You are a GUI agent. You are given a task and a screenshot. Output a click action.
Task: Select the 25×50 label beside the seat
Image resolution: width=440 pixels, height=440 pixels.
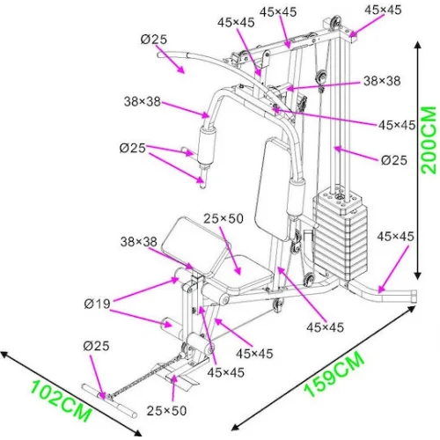pyautogui.click(x=223, y=216)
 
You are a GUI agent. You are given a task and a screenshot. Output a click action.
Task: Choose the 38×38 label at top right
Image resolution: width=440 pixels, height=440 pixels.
pyautogui.click(x=382, y=80)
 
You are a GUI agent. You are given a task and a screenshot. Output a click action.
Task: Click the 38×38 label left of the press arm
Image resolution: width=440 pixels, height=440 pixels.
pyautogui.click(x=142, y=102)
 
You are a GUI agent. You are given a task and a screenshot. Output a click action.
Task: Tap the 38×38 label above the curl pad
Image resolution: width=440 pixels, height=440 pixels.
pyautogui.click(x=139, y=240)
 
